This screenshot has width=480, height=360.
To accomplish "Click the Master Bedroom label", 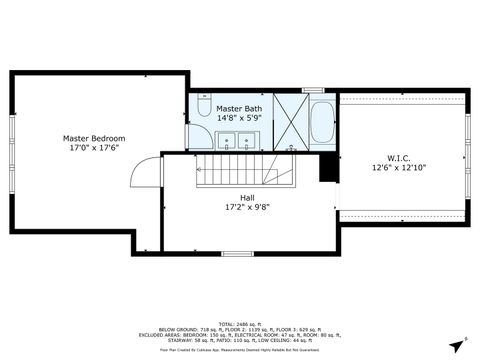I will coord(94,138).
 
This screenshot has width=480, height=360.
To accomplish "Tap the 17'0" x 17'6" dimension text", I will coord(94,148).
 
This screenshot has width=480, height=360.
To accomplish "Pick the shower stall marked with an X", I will coord(290,121).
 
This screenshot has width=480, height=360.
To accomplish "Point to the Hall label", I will coord(247,198).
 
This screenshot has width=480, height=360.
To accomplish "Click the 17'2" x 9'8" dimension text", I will coord(247,208).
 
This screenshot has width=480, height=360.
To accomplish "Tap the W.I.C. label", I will coord(401,158).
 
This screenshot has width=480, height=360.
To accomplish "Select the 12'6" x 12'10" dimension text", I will coord(401,168).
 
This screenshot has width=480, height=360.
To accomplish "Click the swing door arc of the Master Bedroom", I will coord(147,167).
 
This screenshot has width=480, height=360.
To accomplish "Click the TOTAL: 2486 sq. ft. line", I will coord(240,314).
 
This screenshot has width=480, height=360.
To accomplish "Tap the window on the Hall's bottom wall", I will coord(237,253).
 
